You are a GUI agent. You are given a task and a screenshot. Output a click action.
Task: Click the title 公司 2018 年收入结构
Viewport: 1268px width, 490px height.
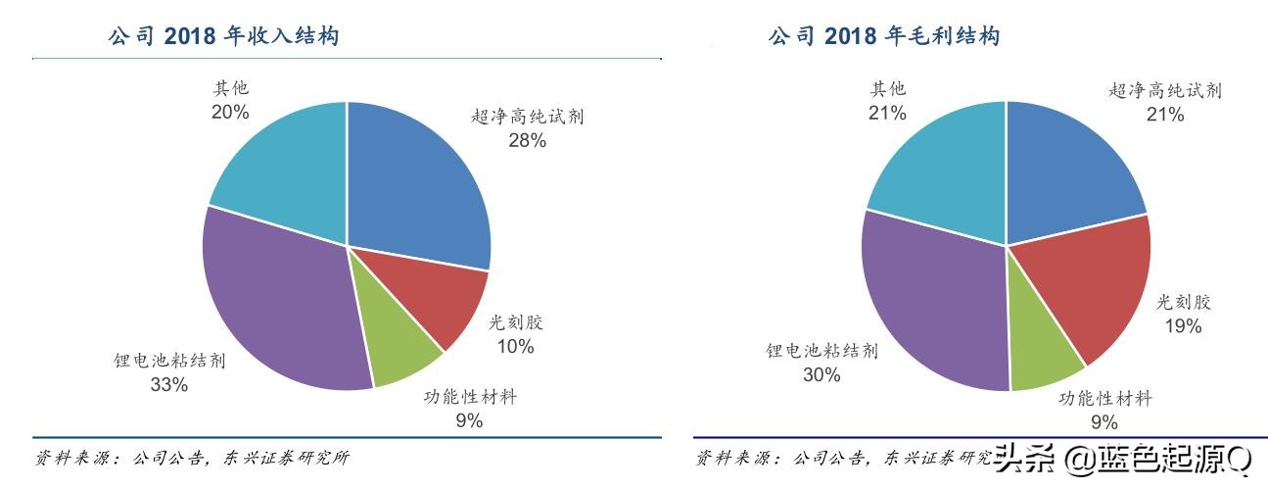click(223, 37)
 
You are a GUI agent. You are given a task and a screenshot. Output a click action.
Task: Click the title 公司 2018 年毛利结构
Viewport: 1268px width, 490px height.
click(883, 37)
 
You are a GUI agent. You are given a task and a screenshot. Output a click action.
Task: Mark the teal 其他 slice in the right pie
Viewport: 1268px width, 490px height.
click(940, 167)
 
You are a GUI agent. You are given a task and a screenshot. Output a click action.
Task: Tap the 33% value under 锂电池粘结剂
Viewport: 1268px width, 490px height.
click(168, 385)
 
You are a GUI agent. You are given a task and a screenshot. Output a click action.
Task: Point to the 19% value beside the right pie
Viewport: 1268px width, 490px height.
click(1183, 326)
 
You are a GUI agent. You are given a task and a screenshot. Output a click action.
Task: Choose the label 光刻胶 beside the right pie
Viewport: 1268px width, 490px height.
click(1184, 302)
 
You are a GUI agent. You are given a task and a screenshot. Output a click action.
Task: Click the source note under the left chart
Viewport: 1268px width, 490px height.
click(192, 458)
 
